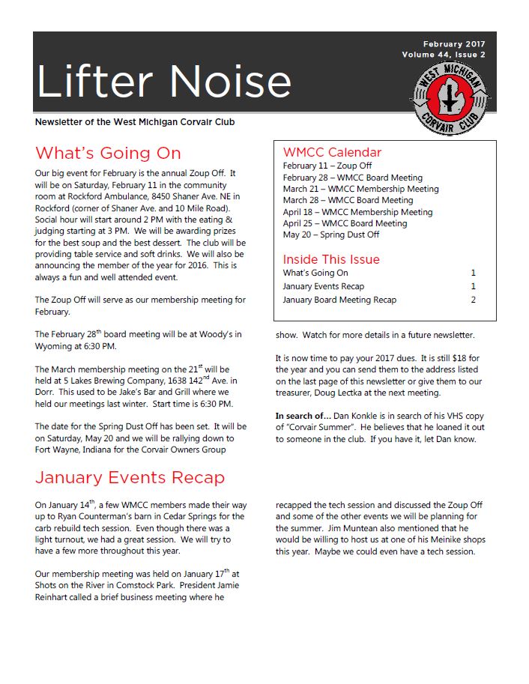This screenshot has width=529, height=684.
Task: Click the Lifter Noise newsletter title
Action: (x=163, y=81)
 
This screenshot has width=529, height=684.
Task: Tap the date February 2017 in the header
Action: (x=453, y=44)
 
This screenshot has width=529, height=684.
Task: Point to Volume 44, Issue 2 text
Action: (x=443, y=55)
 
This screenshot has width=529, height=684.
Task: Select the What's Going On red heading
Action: (x=108, y=154)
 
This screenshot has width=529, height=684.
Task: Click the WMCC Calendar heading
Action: (x=332, y=152)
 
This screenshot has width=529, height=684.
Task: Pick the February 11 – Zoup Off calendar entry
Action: (x=327, y=166)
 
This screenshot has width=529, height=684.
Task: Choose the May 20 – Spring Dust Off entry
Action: (x=330, y=234)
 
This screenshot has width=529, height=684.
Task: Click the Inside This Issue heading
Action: (x=330, y=259)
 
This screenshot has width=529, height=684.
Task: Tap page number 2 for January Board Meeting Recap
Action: (x=473, y=300)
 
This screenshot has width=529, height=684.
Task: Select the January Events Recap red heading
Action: (x=130, y=478)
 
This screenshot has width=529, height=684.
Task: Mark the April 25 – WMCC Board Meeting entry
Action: (x=345, y=223)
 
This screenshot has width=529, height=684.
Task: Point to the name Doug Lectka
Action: (x=342, y=393)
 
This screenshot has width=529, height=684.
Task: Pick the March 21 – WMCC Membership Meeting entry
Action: (x=360, y=189)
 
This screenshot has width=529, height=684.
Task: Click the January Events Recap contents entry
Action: (x=323, y=286)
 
